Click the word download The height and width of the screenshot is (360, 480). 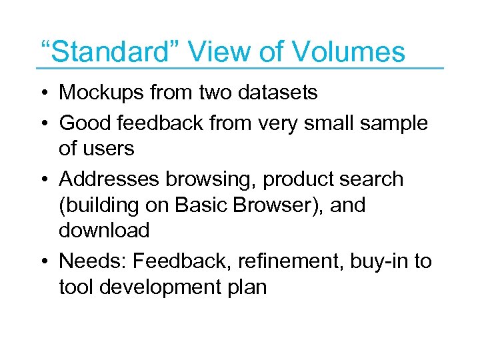[x=103, y=231]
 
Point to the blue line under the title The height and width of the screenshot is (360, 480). [x=240, y=68]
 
